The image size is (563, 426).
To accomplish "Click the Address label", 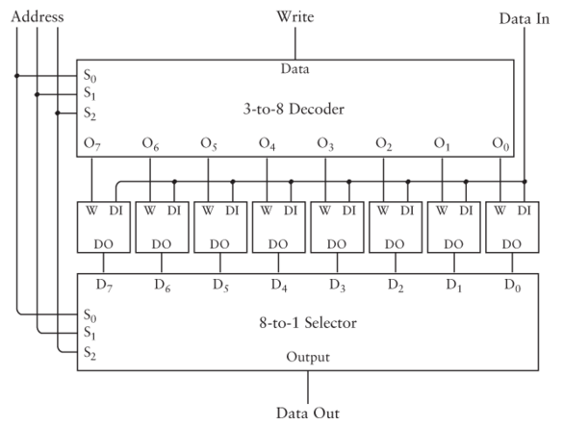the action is coord(38,17).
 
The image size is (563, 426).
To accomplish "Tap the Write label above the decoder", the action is coord(295,16).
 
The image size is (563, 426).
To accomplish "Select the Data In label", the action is coord(525,18).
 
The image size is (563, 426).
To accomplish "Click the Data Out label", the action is coord(308,413).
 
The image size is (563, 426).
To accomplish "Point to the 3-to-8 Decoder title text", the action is coord(294,109).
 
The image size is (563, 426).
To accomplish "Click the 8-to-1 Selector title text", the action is coord(308,323).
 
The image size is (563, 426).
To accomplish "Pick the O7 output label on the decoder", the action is coord(92,144).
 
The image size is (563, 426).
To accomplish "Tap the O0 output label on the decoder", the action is coord(500,144).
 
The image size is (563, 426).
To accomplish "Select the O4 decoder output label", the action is coord(268,144).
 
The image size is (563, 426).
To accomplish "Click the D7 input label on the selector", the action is coord(104,286).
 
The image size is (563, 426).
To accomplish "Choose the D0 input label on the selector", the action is coord(513,286).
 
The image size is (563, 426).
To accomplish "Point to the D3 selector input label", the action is coord(338,286).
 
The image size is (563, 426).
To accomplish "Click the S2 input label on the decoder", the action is coord(90,113).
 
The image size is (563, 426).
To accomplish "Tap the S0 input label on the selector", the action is coord(90,315).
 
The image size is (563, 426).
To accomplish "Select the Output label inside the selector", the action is coord(308,357).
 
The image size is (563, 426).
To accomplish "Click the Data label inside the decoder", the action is coord(294,68).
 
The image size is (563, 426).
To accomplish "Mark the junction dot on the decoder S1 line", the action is coord(37,94).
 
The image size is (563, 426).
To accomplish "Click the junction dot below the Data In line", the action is coord(525,182).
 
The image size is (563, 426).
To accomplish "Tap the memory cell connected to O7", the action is coord(104,227).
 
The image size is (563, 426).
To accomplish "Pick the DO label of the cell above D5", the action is coord(219,244).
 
